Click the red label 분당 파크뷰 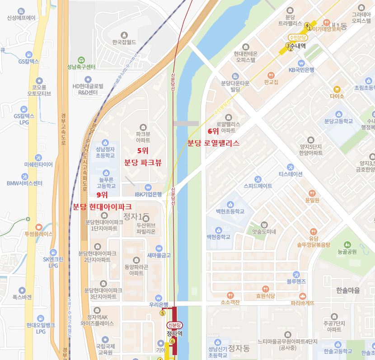pyautogui.click(x=143, y=163)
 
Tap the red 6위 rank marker pyautogui.click(x=213, y=131)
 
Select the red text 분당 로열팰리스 pyautogui.click(x=213, y=143)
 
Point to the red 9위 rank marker pyautogui.click(x=102, y=195)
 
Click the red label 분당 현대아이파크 pyautogui.click(x=102, y=206)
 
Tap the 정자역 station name pyautogui.click(x=174, y=334)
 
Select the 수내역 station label pyautogui.click(x=298, y=46)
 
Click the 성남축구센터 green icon pyautogui.click(x=81, y=60)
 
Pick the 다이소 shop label pyautogui.click(x=337, y=96)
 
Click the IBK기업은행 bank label pyautogui.click(x=148, y=195)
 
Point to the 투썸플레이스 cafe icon pyautogui.click(x=38, y=226)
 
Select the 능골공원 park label pyautogui.click(x=347, y=252)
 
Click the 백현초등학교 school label pyautogui.click(x=230, y=211)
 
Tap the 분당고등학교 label pyautogui.click(x=339, y=122)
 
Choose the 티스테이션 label pyautogui.click(x=290, y=174)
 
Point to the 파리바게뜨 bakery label pyautogui.click(x=302, y=303)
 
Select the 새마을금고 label pyautogui.click(x=159, y=255)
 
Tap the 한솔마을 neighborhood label pyautogui.click(x=348, y=290)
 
